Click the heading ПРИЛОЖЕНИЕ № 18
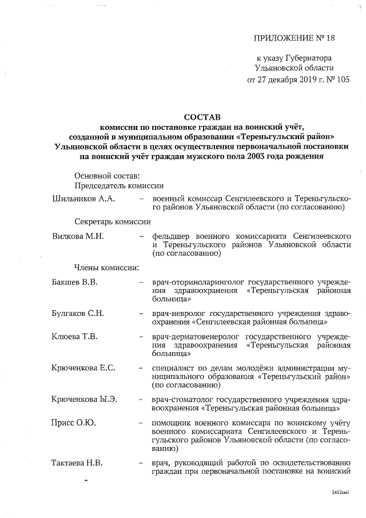[x=293, y=39]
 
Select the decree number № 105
[x=336, y=80]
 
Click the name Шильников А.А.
[x=83, y=198]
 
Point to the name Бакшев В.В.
[x=74, y=282]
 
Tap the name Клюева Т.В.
[x=74, y=336]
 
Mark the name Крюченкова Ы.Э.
[x=85, y=399]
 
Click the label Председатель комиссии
[x=119, y=185]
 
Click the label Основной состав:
[x=107, y=175]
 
